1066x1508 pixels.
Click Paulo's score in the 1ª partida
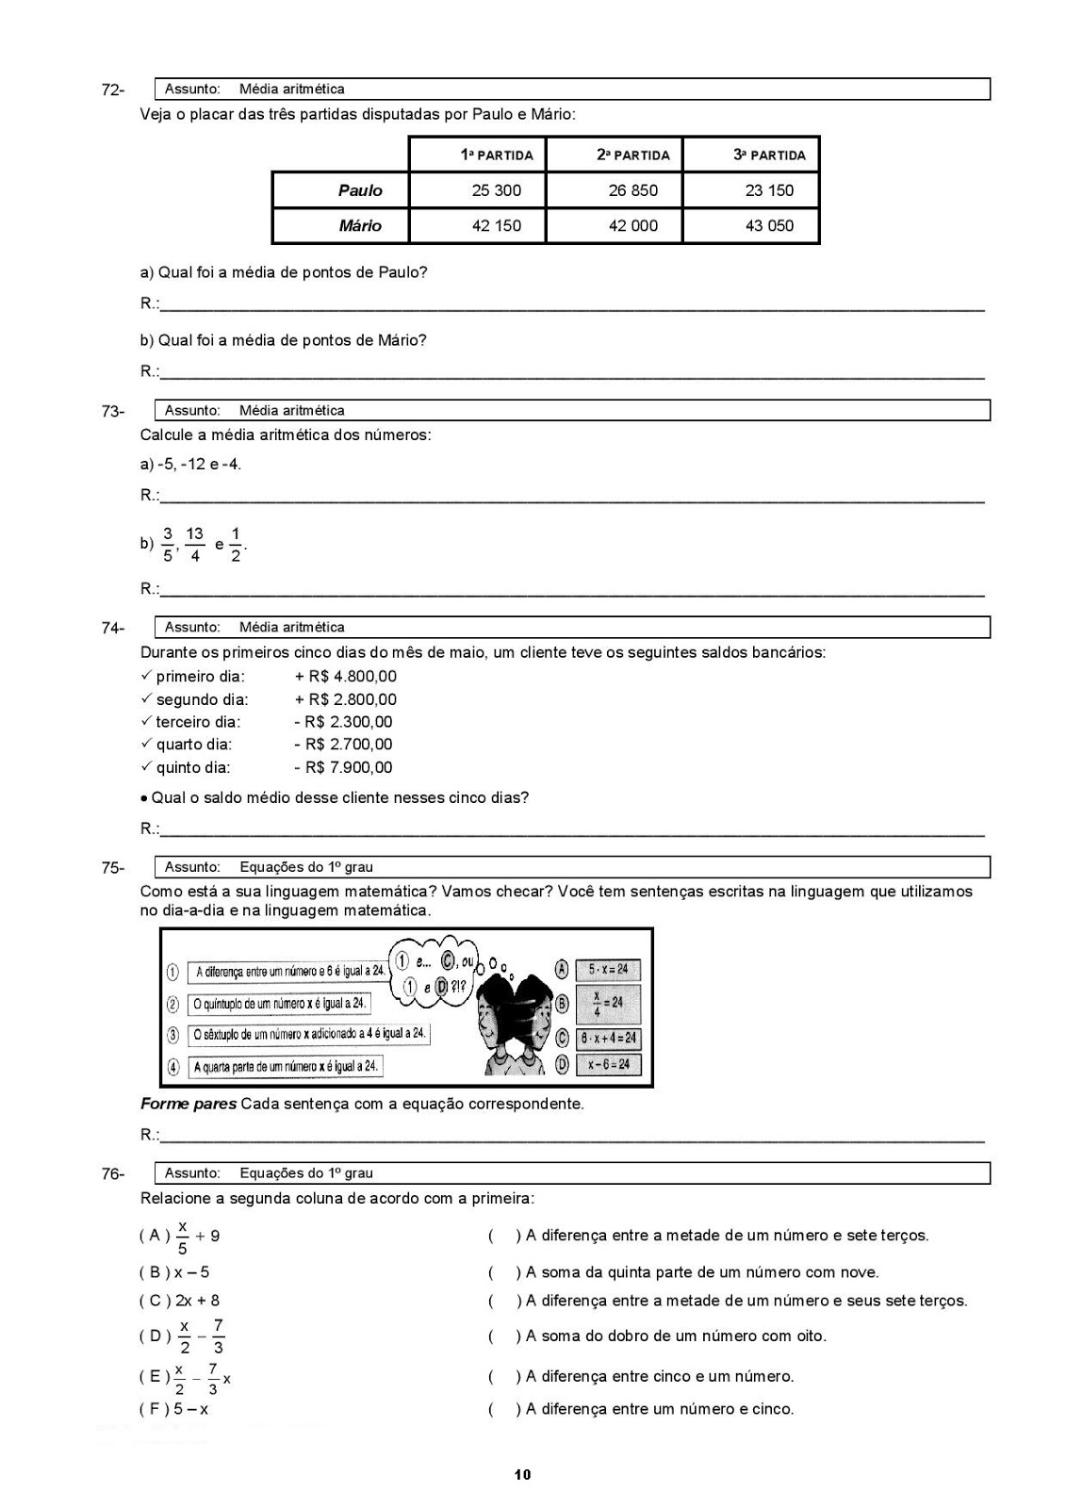click(x=496, y=190)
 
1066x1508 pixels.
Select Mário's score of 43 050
click(x=769, y=226)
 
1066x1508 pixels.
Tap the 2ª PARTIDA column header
click(x=632, y=156)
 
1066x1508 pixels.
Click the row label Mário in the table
click(x=360, y=226)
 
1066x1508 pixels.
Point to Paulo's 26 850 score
click(x=632, y=190)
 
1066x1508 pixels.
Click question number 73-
click(x=113, y=412)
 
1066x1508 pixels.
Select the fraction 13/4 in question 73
click(x=194, y=545)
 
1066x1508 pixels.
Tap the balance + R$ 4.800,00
click(x=345, y=677)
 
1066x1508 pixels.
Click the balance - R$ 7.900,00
click(x=343, y=768)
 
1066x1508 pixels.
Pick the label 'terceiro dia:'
click(x=198, y=722)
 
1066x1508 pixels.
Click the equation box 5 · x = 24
click(x=608, y=969)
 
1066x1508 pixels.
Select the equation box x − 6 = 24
click(x=608, y=1065)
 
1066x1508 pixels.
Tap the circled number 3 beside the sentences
click(x=173, y=1035)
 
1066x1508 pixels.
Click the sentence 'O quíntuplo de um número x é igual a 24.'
click(x=279, y=1004)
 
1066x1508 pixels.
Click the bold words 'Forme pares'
click(x=188, y=1104)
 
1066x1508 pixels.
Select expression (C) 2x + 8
click(x=180, y=1301)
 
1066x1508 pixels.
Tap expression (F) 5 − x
click(x=174, y=1410)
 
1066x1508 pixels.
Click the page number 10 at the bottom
click(x=523, y=1475)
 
